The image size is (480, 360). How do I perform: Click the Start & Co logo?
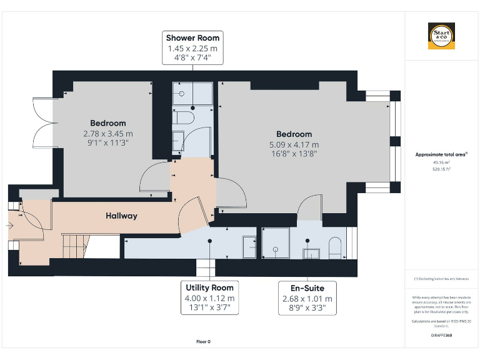click(x=441, y=36)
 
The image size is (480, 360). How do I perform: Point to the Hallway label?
click(x=121, y=216)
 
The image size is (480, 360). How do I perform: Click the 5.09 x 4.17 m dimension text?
click(x=294, y=145)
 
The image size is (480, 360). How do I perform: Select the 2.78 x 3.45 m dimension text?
click(x=107, y=134)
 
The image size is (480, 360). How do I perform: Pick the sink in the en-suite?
click(x=311, y=252)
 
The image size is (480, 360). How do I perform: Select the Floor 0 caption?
click(x=203, y=342)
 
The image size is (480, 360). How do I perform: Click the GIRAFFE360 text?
click(x=441, y=336)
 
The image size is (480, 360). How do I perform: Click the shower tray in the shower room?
click(x=192, y=93)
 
